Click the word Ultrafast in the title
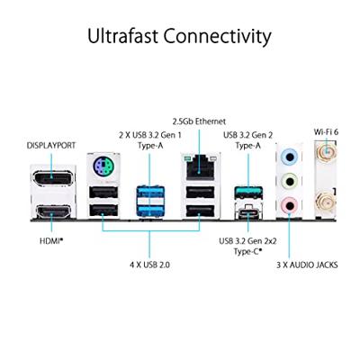[x=122, y=36]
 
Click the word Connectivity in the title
[x=217, y=37]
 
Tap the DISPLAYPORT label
[x=51, y=146]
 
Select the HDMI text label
[x=50, y=240]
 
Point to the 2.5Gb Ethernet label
[x=199, y=121]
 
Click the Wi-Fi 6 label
[x=326, y=131]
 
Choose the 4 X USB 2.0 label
[x=149, y=265]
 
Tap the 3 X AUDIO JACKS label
[x=307, y=265]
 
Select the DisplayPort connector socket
[x=52, y=178]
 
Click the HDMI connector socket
[x=52, y=211]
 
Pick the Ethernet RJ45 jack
[x=199, y=169]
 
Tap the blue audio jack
[x=289, y=156]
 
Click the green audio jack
[x=289, y=181]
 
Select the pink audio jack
[x=289, y=205]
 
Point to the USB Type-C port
[x=248, y=211]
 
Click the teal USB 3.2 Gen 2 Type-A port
[x=248, y=193]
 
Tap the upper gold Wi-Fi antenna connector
[x=326, y=152]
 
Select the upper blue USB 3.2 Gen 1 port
[x=150, y=193]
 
